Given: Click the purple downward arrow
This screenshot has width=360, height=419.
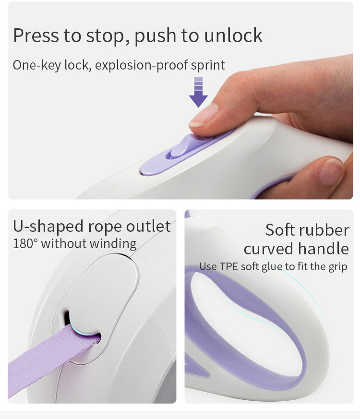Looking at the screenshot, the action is pyautogui.click(x=198, y=92).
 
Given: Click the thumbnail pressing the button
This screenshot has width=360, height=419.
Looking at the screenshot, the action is pyautogui.click(x=204, y=115).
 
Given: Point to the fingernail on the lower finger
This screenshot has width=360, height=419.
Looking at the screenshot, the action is pyautogui.click(x=331, y=171).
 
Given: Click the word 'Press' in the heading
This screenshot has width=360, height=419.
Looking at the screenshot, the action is pyautogui.click(x=36, y=35).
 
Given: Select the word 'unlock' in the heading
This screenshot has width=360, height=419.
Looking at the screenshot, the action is pyautogui.click(x=233, y=35).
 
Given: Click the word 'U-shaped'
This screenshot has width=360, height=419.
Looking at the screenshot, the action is pyautogui.click(x=48, y=227).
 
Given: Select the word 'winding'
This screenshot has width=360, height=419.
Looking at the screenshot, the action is pyautogui.click(x=113, y=244).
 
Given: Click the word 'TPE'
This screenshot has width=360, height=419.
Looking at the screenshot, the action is pyautogui.click(x=229, y=266).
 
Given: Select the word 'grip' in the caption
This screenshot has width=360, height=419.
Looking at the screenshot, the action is pyautogui.click(x=338, y=267).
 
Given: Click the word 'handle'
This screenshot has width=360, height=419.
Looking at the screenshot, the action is pyautogui.click(x=324, y=249).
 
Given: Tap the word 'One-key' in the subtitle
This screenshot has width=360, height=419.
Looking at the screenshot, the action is pyautogui.click(x=37, y=65).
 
